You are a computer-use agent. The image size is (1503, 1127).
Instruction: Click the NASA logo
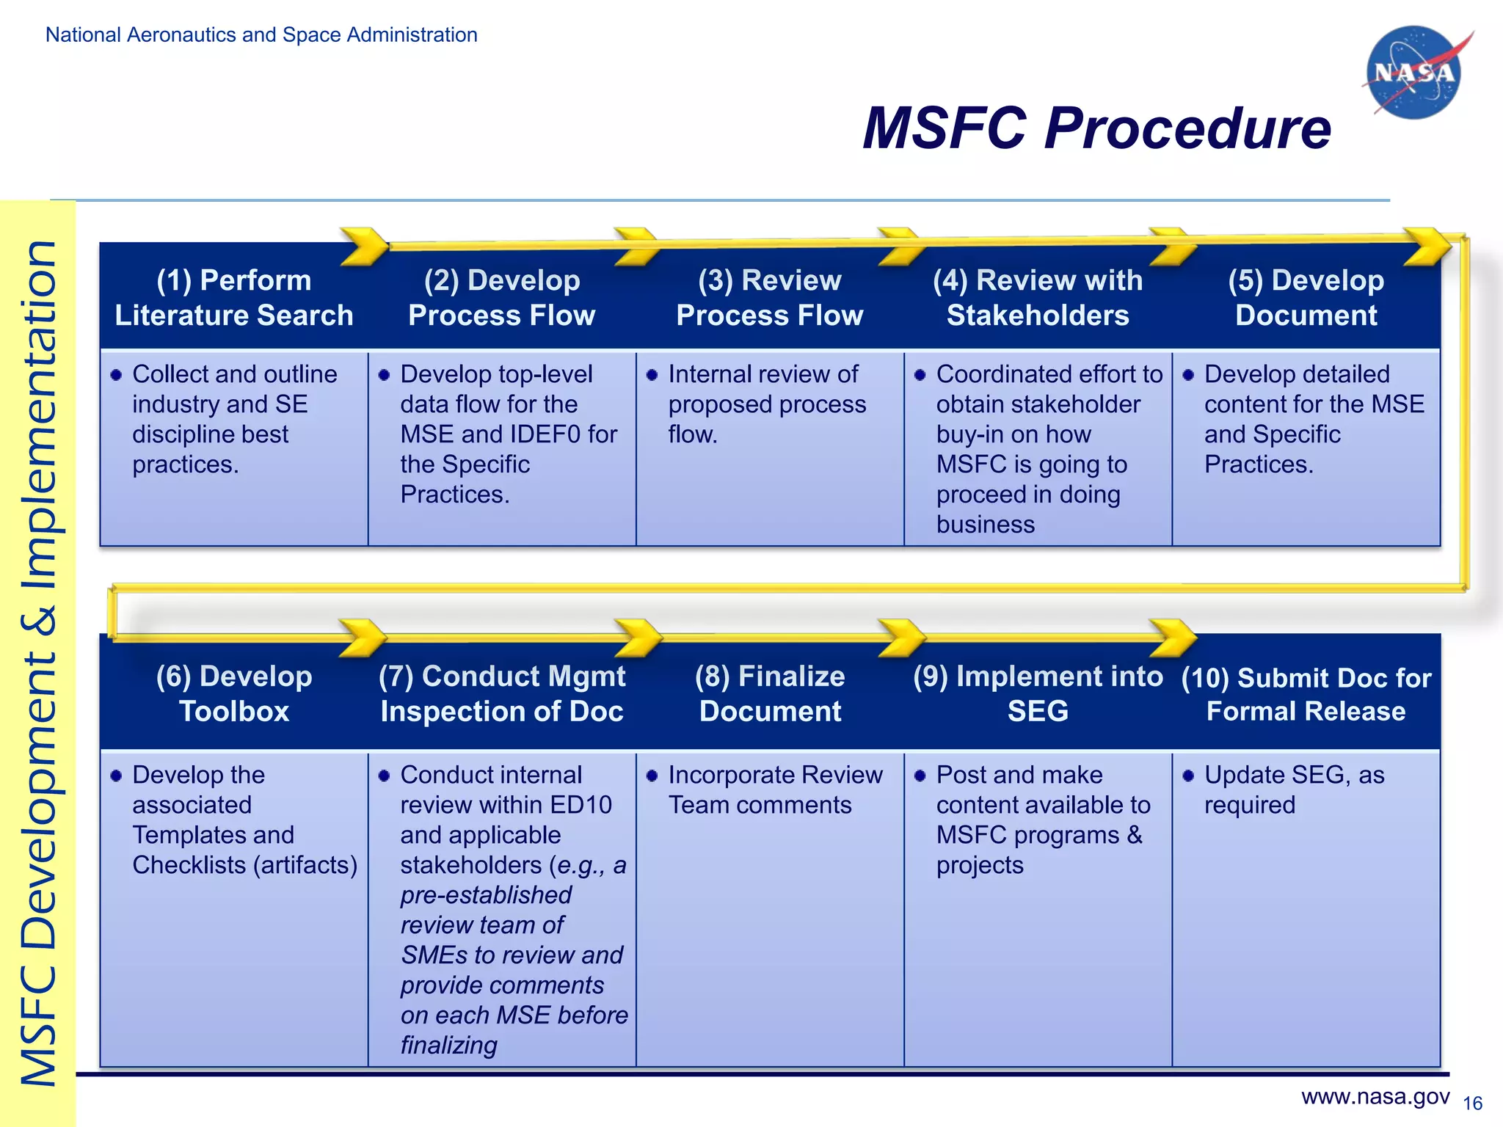click(1413, 73)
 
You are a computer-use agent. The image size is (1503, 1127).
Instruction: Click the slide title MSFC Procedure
click(1096, 128)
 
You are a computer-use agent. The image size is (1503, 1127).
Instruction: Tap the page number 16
click(1472, 1104)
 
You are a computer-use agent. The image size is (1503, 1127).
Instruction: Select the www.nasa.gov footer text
click(1375, 1096)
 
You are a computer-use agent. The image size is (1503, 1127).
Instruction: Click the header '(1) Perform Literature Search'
click(234, 298)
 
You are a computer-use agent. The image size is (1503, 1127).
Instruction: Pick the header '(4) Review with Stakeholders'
click(1038, 298)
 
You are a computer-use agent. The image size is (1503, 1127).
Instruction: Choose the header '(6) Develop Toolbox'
click(234, 693)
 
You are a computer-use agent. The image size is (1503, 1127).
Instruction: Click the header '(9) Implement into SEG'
click(1038, 693)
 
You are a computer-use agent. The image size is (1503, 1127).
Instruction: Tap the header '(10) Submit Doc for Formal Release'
click(1306, 694)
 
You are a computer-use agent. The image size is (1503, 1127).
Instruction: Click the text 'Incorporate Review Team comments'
click(774, 789)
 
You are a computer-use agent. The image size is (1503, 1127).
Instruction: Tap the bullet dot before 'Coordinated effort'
click(920, 376)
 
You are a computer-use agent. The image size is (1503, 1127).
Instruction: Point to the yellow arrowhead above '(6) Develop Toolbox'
click(363, 637)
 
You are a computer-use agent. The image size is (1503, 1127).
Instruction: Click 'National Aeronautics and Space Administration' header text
click(261, 34)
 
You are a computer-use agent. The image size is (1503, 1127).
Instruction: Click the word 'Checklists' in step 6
click(189, 865)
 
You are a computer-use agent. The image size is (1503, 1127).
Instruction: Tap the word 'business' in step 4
click(985, 525)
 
